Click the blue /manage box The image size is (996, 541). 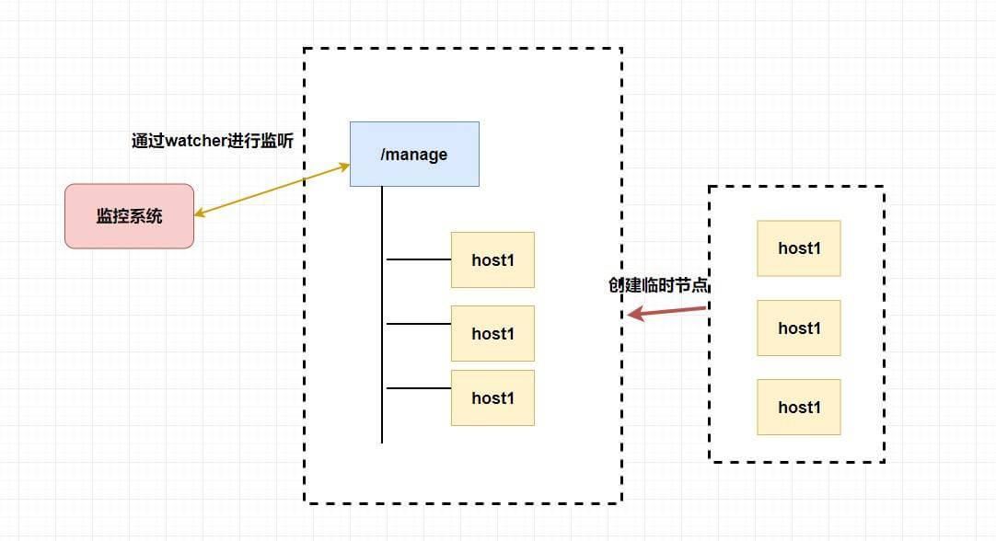point(414,154)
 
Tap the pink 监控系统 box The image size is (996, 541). point(129,216)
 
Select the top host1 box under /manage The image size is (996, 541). point(492,259)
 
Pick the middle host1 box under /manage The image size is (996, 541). point(492,333)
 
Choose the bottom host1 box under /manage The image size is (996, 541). point(492,397)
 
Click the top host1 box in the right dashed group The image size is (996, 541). point(798,247)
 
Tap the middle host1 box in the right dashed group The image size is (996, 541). point(798,328)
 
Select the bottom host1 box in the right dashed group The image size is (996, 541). point(798,407)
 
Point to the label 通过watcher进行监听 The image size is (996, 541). point(218,141)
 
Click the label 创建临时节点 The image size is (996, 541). point(659,285)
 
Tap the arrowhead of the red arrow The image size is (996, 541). point(633,315)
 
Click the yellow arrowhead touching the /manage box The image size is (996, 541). point(344,167)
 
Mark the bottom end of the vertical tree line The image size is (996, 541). point(382,441)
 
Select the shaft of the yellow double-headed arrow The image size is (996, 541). point(272,190)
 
